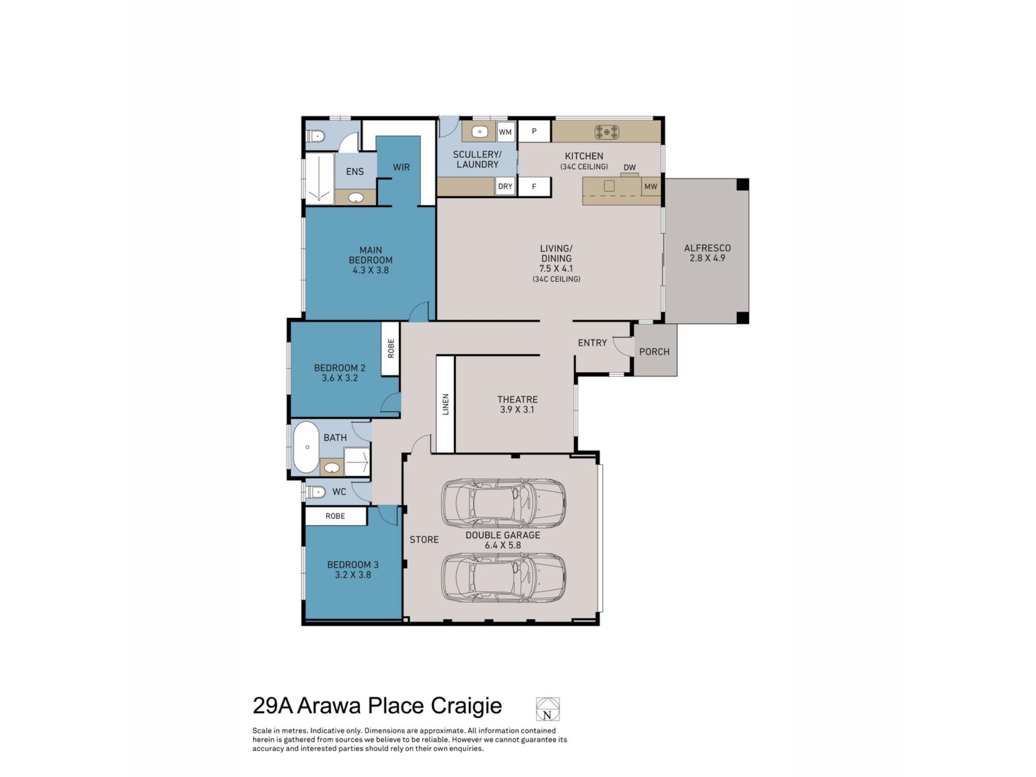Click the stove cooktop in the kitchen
[606, 132]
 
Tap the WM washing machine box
[505, 132]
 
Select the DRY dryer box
[505, 187]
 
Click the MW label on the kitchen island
[651, 187]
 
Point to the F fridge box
[534, 187]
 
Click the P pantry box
[534, 131]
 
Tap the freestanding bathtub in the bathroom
[306, 447]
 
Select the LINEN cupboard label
[446, 404]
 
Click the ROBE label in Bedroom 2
[391, 349]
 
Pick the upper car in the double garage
[503, 503]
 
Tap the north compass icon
[547, 709]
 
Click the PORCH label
[654, 352]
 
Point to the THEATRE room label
[517, 399]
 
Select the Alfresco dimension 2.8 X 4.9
[707, 258]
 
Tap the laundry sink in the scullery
[479, 132]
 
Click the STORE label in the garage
[424, 540]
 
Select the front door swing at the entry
[623, 347]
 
